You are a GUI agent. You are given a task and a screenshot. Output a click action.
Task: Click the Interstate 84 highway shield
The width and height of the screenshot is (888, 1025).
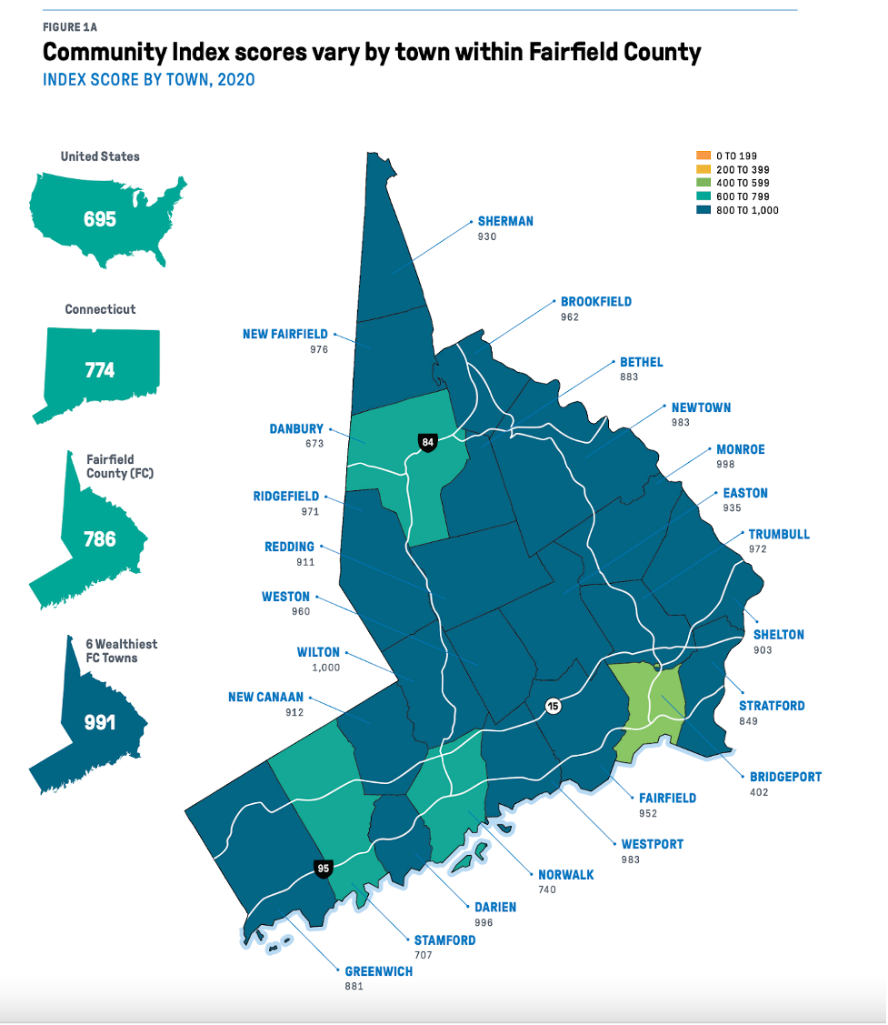(427, 443)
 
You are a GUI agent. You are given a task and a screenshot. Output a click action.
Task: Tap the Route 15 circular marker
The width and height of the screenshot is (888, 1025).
(552, 706)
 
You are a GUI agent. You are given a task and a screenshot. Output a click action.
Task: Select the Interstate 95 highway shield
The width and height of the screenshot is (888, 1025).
(323, 869)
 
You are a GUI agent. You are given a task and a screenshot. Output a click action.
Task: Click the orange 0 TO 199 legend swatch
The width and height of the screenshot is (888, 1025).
(702, 156)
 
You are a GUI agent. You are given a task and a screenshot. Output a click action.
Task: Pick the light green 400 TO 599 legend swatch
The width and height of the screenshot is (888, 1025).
(702, 183)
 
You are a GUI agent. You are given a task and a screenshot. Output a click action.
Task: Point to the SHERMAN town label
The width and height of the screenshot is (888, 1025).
(505, 221)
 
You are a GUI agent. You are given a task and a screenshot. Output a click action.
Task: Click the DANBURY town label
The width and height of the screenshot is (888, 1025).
(296, 429)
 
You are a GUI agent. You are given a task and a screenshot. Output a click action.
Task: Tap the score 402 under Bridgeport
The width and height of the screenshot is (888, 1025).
(759, 792)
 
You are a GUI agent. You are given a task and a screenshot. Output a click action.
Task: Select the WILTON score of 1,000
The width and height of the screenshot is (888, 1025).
(324, 667)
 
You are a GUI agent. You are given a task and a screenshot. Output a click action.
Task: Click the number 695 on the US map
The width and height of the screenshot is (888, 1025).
(100, 219)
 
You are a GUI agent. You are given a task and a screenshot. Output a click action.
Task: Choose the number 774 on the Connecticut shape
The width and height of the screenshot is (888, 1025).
(100, 370)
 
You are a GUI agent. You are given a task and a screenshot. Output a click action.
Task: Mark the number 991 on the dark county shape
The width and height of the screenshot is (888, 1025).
(100, 722)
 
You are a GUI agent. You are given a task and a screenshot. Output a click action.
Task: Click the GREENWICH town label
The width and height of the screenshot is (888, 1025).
(378, 971)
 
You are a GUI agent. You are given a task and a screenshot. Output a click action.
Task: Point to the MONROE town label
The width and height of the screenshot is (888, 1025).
(741, 449)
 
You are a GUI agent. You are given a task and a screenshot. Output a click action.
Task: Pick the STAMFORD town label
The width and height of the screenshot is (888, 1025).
(444, 940)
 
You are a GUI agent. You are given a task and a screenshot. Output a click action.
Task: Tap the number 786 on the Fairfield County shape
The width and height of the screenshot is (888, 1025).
(100, 538)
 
